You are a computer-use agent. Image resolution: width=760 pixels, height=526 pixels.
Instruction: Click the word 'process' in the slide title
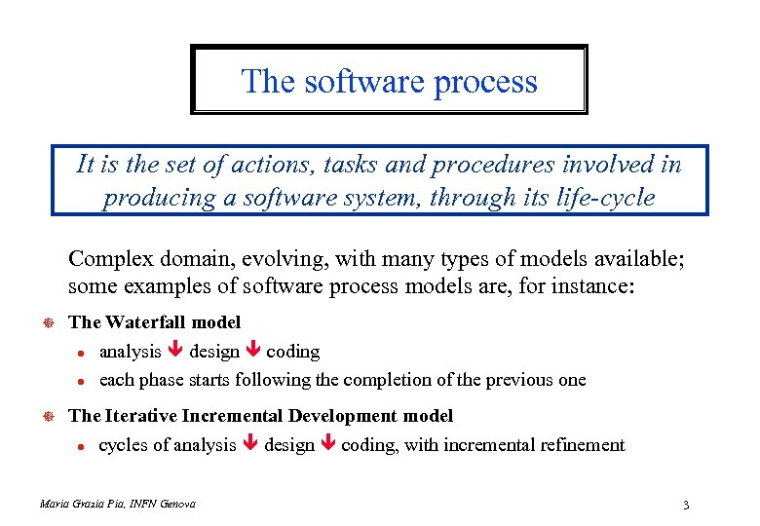tap(485, 81)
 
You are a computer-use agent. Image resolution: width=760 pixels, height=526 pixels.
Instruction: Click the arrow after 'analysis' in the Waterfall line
tap(175, 352)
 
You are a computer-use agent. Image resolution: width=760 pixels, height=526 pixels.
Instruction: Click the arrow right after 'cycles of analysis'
tap(250, 446)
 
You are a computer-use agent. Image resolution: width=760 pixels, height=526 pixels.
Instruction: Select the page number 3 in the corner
tap(687, 505)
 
